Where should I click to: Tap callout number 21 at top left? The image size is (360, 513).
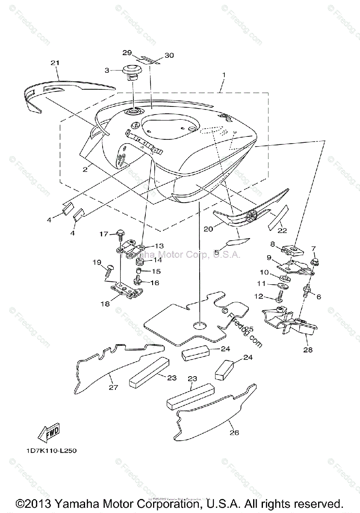tap(54, 63)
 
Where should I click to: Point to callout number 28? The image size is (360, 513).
tap(307, 349)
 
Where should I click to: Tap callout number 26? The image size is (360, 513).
tap(233, 433)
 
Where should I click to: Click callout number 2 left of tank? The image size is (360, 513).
tap(85, 169)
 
